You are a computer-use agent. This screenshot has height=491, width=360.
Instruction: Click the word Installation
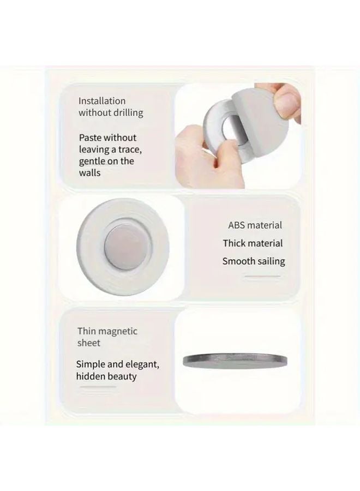tap(102, 101)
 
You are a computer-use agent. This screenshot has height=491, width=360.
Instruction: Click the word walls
tap(90, 172)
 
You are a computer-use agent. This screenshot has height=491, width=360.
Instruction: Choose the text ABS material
tap(255, 225)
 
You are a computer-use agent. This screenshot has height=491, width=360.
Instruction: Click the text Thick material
tap(253, 243)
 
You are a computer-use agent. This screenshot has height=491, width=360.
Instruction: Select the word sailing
tap(268, 261)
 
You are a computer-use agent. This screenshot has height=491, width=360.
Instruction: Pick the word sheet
tap(89, 343)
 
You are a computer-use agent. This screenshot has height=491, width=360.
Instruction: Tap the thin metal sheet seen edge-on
tap(235, 359)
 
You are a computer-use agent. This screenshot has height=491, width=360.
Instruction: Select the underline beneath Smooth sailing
tap(262, 277)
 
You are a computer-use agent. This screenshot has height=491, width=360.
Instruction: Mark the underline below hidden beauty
tap(98, 387)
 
